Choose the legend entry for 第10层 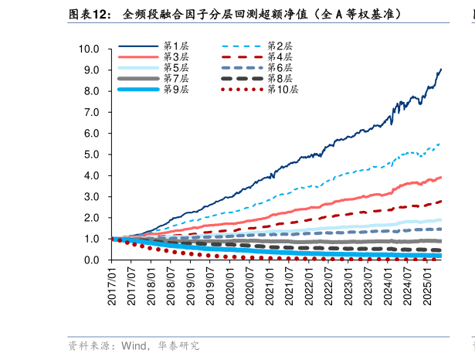click(x=282, y=90)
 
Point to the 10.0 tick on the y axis click(x=90, y=49)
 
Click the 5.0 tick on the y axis click(x=92, y=155)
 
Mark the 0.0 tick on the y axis click(x=92, y=260)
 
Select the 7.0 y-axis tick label click(x=92, y=112)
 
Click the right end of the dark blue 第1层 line click(x=441, y=70)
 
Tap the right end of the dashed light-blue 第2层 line click(x=441, y=144)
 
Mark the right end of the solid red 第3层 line click(x=441, y=177)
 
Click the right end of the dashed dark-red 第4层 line click(x=441, y=202)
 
